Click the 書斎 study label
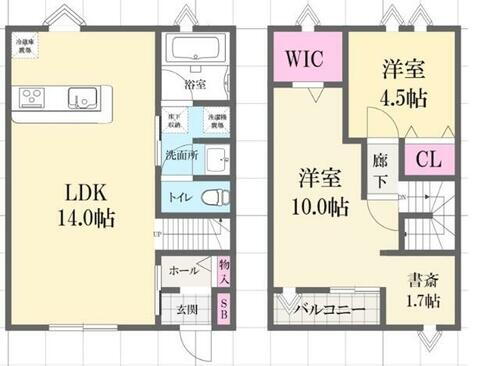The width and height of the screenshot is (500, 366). point(420,278)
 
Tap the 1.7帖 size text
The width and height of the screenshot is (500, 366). point(421,300)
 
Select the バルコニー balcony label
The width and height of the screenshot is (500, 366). point(330,311)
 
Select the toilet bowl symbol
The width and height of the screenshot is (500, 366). point(211,197)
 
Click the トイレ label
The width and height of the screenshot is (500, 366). point(181,196)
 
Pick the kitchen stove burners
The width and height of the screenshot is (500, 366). point(32,97)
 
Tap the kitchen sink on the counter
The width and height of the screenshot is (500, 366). point(80,98)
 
